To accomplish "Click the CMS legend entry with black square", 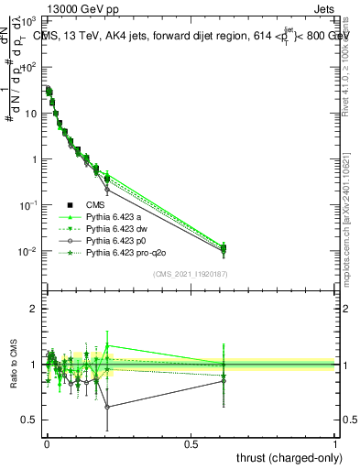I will click(x=96, y=205).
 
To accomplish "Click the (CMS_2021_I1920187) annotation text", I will click(x=191, y=274).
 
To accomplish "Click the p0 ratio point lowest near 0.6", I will click(x=107, y=407).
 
